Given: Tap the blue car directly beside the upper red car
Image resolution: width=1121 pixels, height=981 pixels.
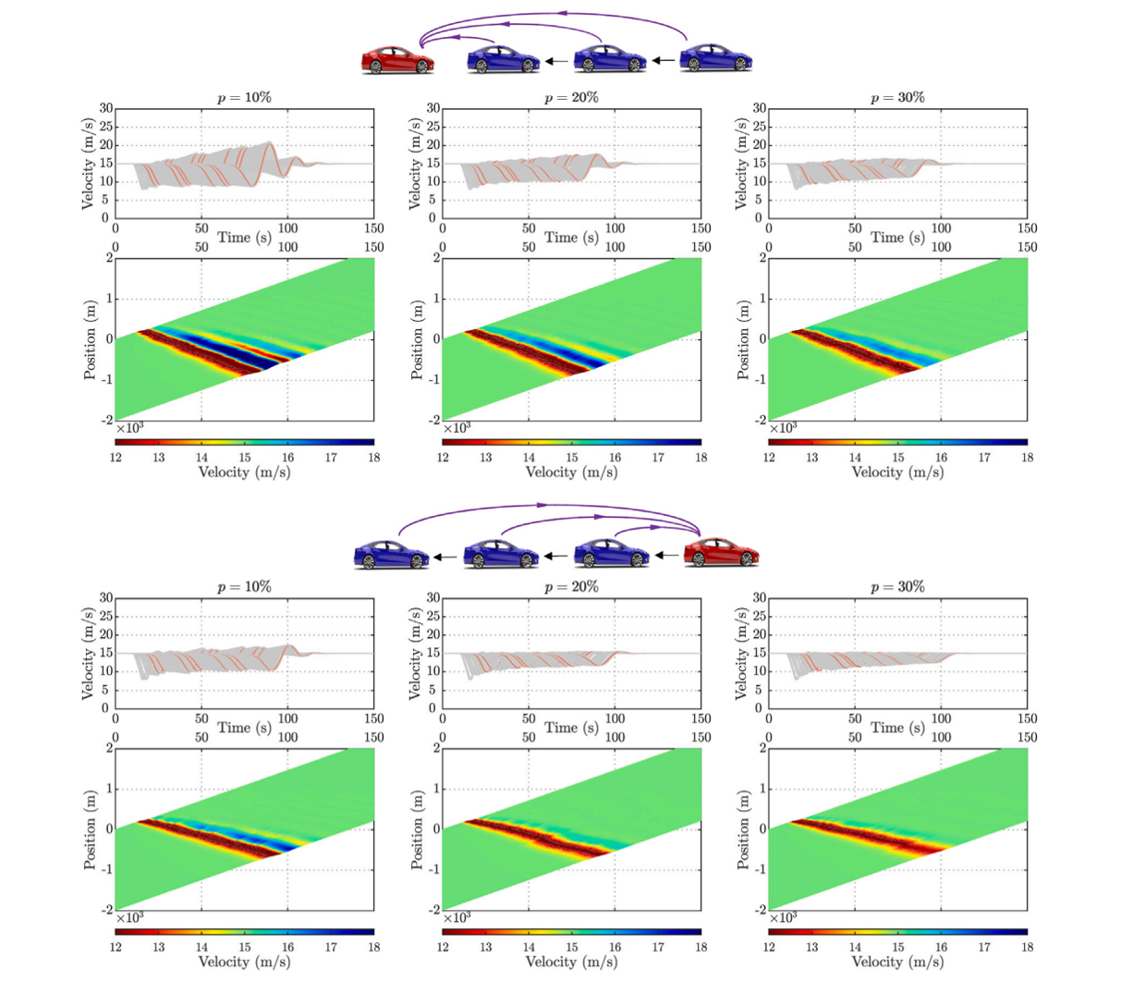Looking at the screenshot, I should tap(504, 60).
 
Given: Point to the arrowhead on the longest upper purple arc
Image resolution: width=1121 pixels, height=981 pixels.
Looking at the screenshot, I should tap(562, 14).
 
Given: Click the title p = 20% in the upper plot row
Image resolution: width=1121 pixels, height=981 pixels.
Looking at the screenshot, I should tap(571, 98).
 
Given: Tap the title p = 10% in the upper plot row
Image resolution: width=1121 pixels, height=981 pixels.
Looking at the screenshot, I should tap(244, 98).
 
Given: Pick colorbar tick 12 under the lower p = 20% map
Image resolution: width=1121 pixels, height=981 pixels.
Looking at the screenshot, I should tap(443, 947).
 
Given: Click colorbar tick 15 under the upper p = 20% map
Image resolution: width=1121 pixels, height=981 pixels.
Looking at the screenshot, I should tap(571, 457).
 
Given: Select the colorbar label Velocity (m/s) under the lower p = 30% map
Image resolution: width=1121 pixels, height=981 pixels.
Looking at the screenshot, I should tap(897, 962).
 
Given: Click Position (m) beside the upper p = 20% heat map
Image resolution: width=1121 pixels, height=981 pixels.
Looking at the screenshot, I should tap(418, 339).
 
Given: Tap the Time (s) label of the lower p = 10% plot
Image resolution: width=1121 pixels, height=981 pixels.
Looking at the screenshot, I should tap(244, 728).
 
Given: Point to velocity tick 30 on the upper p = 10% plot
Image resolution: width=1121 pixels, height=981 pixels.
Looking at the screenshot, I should tap(106, 109).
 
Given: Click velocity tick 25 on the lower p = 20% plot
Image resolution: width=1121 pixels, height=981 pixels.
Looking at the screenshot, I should tap(433, 617).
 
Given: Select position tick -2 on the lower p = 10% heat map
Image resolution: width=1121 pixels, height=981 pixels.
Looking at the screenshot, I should tap(106, 910).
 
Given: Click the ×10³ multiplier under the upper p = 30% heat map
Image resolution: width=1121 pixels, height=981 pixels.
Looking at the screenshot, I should tap(783, 428).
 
